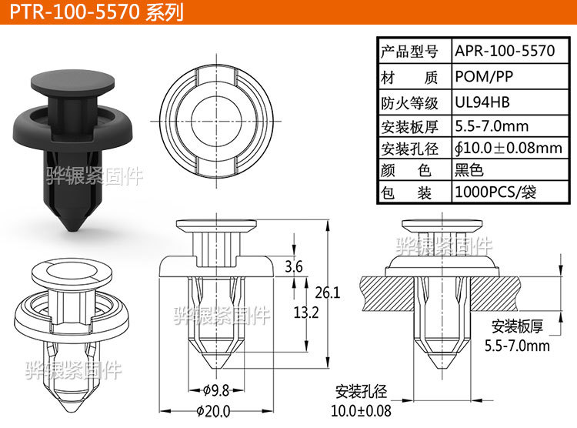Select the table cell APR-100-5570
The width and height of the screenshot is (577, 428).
pyautogui.click(x=505, y=52)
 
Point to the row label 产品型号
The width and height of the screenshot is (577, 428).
pyautogui.click(x=409, y=52)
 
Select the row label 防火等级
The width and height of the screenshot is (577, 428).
pyautogui.click(x=409, y=102)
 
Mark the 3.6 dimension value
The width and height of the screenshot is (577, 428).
pyautogui.click(x=293, y=267)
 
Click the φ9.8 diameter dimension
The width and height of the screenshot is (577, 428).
pyautogui.click(x=218, y=389)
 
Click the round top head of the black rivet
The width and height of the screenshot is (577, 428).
pyautogui.click(x=74, y=81)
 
